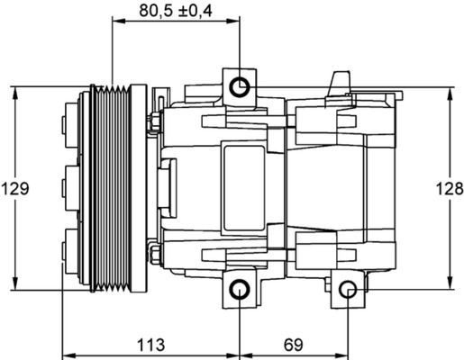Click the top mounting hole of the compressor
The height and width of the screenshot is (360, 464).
tap(239, 87)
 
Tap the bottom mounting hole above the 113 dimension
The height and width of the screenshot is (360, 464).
tap(239, 290)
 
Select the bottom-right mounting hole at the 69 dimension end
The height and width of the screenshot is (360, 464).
tap(349, 290)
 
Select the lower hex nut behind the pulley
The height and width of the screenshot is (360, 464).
tap(155, 256)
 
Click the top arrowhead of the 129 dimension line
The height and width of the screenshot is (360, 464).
tap(15, 91)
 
